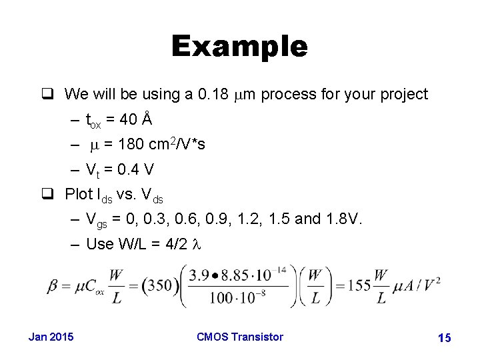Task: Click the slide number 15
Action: [x=444, y=338]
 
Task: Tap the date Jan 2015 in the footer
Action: [x=51, y=337]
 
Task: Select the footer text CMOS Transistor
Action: [x=240, y=337]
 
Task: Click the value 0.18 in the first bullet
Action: [x=213, y=95]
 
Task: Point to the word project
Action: [x=404, y=95]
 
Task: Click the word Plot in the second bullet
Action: [x=79, y=194]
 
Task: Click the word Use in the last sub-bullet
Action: [x=100, y=244]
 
